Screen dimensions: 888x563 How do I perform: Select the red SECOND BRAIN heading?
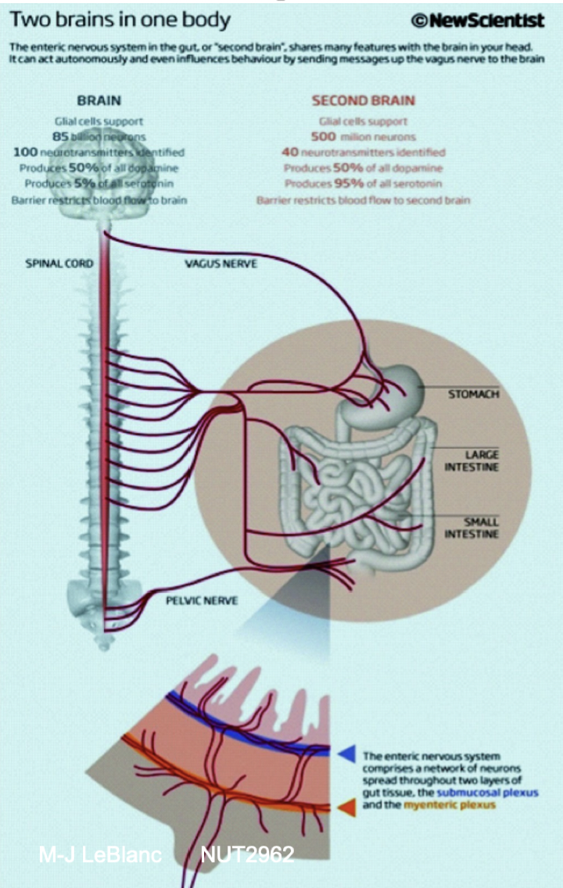coord(363,101)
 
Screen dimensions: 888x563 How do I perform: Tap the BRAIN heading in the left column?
coord(99,101)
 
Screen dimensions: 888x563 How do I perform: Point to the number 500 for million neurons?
coord(322,137)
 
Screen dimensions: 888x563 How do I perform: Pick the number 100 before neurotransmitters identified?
coord(27,152)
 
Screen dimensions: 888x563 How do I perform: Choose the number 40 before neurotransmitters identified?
coord(290,152)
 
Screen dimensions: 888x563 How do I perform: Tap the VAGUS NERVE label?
coord(221,264)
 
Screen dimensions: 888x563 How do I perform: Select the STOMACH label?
coord(473,394)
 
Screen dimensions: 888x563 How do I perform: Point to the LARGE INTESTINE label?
coord(472,460)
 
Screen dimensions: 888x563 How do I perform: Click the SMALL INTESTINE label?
coord(472,528)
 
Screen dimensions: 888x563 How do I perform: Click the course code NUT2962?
coord(247,854)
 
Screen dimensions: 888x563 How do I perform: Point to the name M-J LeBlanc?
coord(100,854)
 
